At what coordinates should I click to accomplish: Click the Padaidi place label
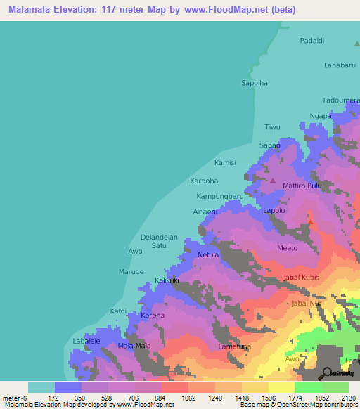(x=311, y=41)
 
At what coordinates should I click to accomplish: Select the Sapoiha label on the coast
(x=255, y=82)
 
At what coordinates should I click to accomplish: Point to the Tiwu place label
(x=272, y=127)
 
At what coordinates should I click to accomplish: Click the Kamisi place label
(x=225, y=162)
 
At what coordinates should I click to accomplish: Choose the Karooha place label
(x=205, y=181)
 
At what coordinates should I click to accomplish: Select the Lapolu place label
(x=274, y=210)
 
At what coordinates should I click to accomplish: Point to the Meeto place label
(x=287, y=248)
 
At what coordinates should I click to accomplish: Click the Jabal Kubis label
(x=301, y=278)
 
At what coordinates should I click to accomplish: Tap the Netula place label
(x=208, y=254)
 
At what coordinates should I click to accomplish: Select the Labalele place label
(x=86, y=342)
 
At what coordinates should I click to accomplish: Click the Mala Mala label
(x=134, y=346)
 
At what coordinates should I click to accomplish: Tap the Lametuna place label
(x=234, y=347)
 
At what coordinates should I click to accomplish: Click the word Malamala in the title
(x=34, y=10)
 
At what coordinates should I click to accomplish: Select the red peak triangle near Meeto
(x=311, y=222)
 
